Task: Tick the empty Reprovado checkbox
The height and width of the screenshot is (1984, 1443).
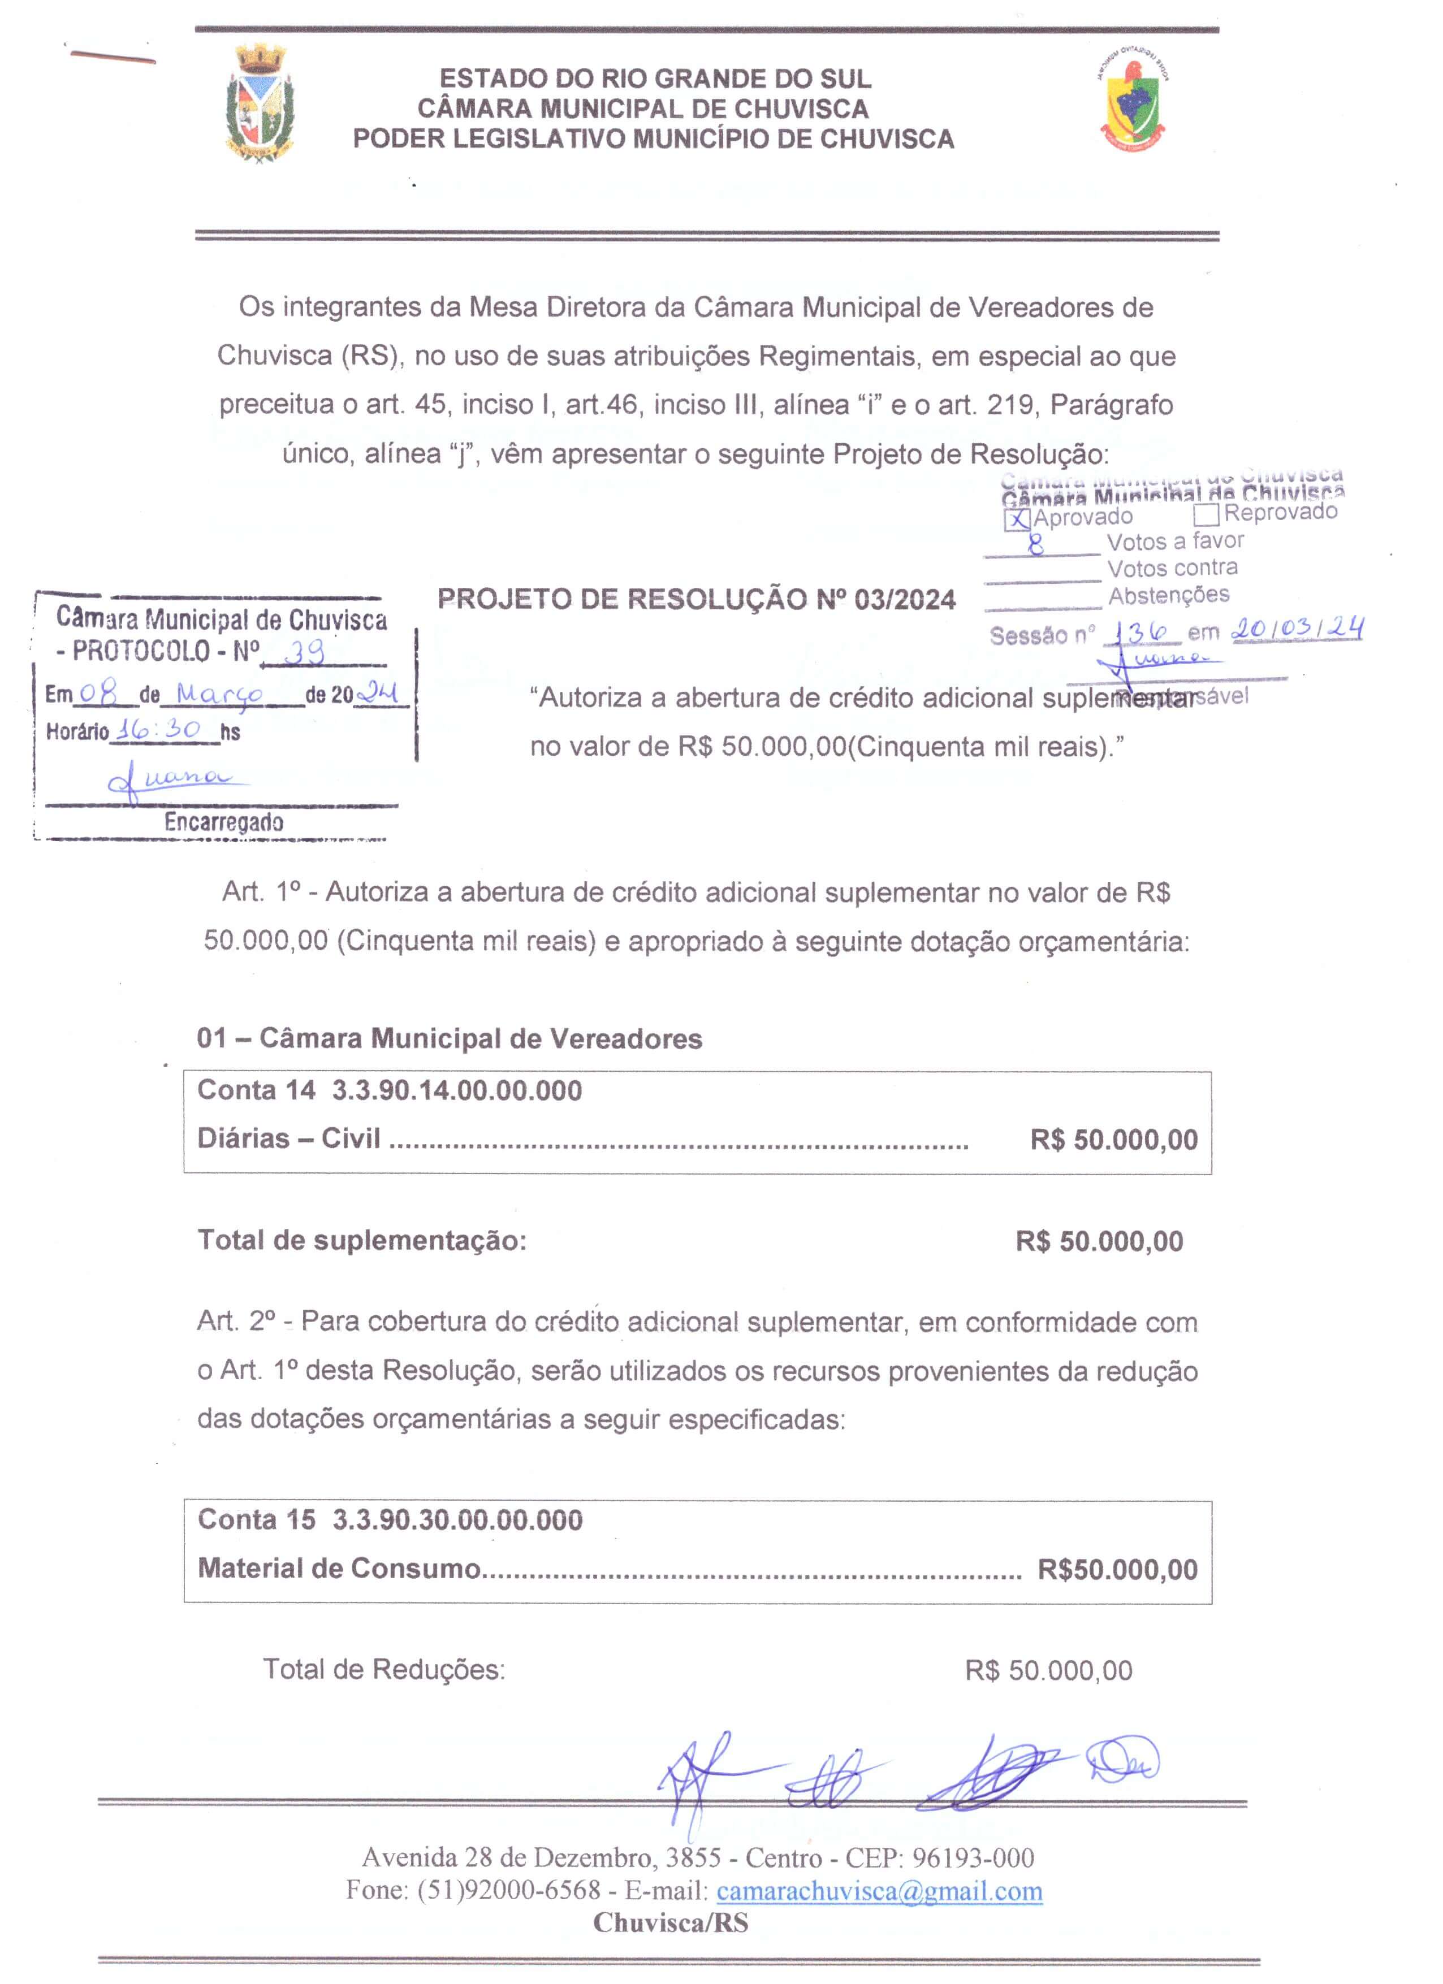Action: pos(1206,513)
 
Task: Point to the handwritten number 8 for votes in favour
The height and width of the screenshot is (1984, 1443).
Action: pos(1036,545)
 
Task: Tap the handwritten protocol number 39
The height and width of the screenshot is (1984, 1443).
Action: pos(305,652)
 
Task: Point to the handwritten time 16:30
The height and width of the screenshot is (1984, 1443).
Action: pos(160,730)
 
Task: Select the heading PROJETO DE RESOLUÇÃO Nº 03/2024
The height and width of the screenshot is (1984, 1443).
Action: pos(697,599)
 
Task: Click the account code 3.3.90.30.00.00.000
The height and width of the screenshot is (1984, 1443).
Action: pos(457,1519)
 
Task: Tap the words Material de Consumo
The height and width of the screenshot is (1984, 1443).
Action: pos(339,1567)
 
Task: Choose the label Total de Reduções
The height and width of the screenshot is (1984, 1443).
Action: pos(384,1669)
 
